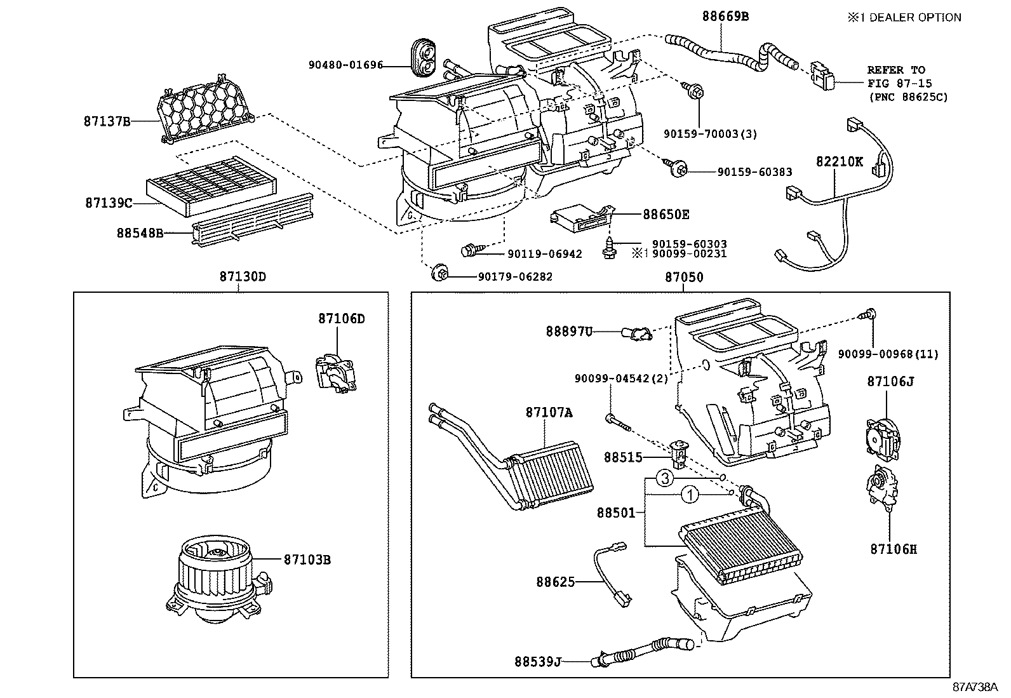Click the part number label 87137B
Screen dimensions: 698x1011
pyautogui.click(x=106, y=121)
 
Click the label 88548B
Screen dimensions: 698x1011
pyautogui.click(x=139, y=233)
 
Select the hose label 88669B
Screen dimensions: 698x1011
pyautogui.click(x=725, y=17)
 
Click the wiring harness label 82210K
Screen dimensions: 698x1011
pyautogui.click(x=840, y=161)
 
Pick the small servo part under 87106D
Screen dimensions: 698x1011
pyautogui.click(x=335, y=373)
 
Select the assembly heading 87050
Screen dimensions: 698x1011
pyautogui.click(x=684, y=277)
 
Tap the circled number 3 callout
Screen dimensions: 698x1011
pyautogui.click(x=663, y=479)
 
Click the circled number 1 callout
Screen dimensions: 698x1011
pyautogui.click(x=690, y=493)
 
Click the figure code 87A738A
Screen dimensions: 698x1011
pyautogui.click(x=975, y=687)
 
